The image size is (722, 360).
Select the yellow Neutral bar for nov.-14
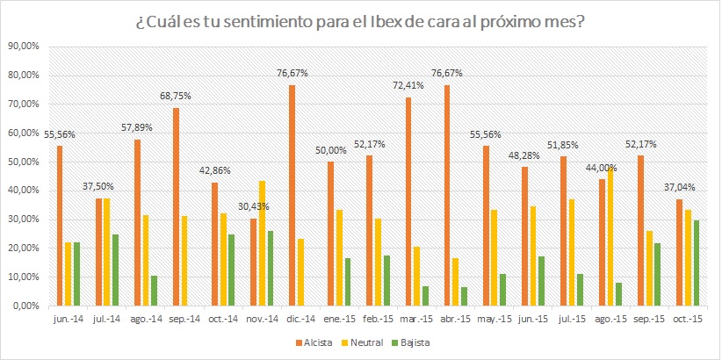263,243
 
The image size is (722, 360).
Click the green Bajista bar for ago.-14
155,291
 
